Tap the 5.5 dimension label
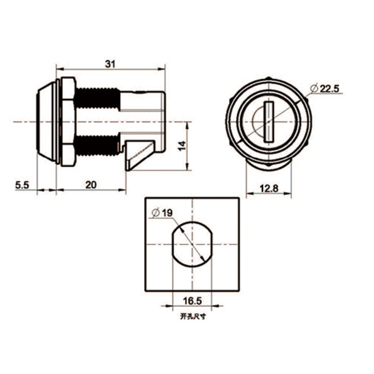(22, 185)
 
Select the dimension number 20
(90, 185)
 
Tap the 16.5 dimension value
(191, 301)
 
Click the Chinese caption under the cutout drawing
(192, 317)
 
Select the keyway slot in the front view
(268, 122)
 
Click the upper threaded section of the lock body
(97, 99)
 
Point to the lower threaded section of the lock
(97, 145)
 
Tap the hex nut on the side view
(68, 122)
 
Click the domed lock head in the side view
(47, 122)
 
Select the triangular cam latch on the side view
(139, 155)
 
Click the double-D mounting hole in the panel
(192, 244)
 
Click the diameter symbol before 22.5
(314, 89)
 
